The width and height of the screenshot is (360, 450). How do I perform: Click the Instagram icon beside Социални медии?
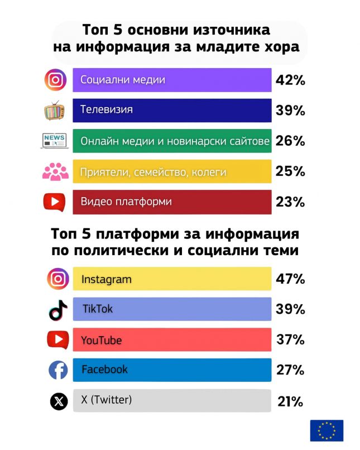point(55,80)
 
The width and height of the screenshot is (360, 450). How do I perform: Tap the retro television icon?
point(55,110)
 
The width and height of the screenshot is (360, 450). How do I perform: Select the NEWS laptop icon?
point(54,141)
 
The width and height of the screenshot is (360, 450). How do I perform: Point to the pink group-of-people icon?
point(55,171)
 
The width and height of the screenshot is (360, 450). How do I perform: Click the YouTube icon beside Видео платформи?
point(55,202)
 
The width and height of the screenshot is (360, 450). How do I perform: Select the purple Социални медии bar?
point(172,80)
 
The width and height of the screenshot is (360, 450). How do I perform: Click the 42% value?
point(290,80)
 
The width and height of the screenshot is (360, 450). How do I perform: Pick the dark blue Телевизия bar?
point(172,110)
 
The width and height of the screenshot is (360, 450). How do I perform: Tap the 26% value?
point(290,141)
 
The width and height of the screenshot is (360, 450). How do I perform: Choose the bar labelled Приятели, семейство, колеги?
point(172,171)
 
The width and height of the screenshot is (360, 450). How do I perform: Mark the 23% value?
point(290,202)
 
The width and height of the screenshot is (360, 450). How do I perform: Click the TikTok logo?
point(58,309)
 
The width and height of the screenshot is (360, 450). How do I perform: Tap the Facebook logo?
point(58,370)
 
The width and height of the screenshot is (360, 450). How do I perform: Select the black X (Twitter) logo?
point(59,401)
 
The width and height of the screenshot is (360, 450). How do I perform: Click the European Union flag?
point(327,430)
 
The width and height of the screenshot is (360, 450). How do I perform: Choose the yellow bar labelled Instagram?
point(172,279)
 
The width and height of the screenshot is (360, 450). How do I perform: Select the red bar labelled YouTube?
point(172,339)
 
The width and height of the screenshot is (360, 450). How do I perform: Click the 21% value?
point(290,401)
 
